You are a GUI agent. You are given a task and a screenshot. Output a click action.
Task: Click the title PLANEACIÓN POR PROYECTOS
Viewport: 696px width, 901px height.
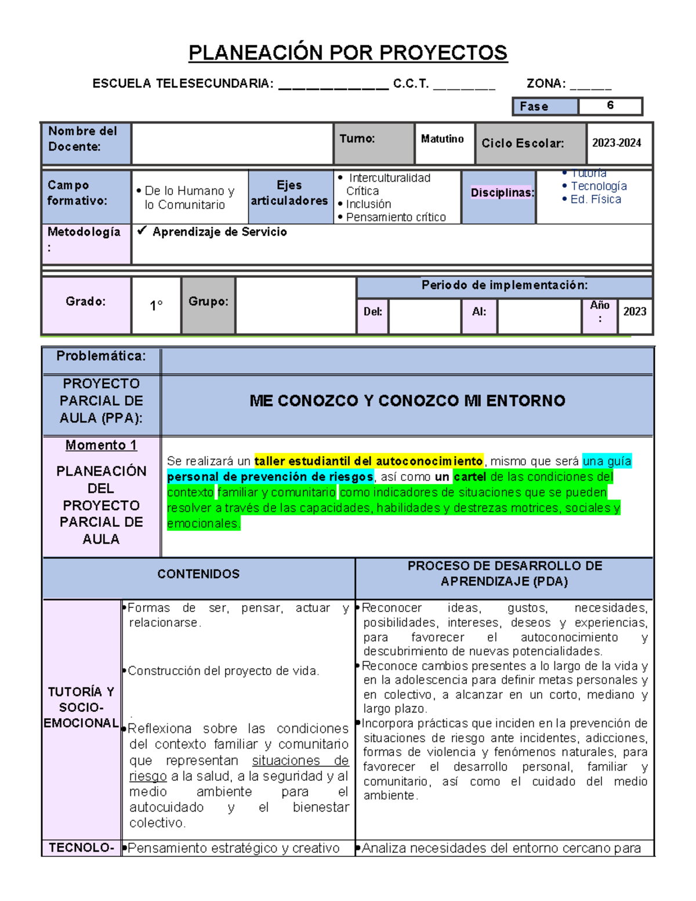[x=348, y=53]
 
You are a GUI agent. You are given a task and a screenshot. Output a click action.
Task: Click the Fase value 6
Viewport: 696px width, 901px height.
[x=610, y=106]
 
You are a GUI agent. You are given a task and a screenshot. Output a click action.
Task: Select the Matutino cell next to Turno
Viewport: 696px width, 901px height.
[x=442, y=139]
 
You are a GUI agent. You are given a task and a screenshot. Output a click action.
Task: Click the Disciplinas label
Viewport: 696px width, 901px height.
[x=502, y=193]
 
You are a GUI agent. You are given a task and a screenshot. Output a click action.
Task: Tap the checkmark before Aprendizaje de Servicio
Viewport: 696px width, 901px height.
[x=142, y=231]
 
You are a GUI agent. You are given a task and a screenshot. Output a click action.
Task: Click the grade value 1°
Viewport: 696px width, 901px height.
[x=156, y=306]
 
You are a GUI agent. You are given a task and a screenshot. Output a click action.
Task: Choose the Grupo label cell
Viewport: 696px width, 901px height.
[x=208, y=302]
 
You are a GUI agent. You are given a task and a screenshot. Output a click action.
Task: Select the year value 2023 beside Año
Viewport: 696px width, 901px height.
[x=635, y=312]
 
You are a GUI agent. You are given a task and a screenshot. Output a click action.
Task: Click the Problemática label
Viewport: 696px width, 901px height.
[x=101, y=356]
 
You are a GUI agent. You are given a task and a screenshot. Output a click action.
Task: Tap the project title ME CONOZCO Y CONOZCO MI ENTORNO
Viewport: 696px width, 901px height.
[x=407, y=401]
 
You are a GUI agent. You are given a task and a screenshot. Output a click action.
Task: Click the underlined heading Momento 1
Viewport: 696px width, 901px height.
[x=101, y=445]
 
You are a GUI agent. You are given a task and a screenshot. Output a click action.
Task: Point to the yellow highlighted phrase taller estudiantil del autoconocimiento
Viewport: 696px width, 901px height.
[x=368, y=461]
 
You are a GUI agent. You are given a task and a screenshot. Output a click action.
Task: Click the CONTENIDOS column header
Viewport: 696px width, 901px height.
[x=198, y=574]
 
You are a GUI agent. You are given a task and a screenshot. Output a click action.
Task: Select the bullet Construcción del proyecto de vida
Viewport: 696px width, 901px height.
[x=223, y=671]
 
